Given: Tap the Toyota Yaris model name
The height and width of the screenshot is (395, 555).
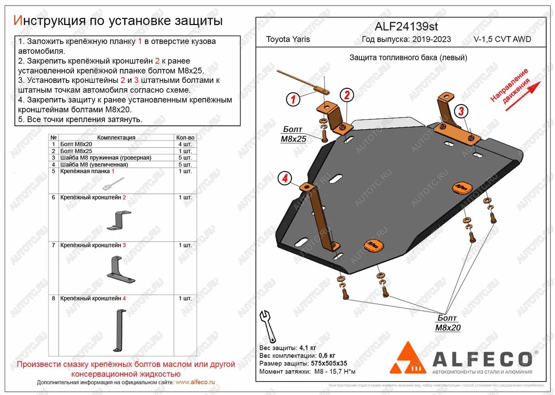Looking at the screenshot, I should [288, 39].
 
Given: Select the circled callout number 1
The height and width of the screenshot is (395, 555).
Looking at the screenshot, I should [292, 99].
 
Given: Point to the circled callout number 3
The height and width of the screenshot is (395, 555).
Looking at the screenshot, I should [460, 111].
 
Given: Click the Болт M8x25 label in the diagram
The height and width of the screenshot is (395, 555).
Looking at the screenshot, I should [293, 134].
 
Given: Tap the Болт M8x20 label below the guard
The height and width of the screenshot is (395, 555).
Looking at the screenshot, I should [447, 323].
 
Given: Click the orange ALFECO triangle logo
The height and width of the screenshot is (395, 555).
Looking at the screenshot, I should [407, 358].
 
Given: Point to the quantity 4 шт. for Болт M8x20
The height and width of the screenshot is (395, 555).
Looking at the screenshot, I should [185, 144].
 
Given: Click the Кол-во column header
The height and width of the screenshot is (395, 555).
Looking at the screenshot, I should [185, 138].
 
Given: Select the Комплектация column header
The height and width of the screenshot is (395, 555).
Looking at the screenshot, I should [116, 138].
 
